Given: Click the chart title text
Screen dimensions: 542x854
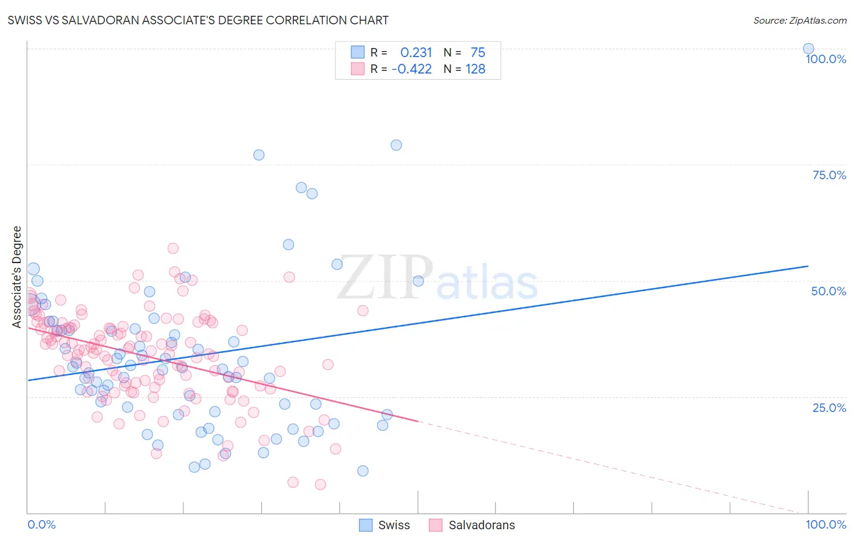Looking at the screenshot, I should click(x=198, y=20).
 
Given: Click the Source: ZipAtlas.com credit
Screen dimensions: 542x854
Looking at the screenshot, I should click(x=799, y=20).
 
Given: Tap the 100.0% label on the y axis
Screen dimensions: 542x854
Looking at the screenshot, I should click(x=825, y=59).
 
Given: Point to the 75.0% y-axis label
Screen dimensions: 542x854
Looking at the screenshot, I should click(x=829, y=175).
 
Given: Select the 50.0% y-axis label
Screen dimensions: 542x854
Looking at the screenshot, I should click(x=828, y=291).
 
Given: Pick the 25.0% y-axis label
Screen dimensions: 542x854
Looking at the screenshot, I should click(x=829, y=408).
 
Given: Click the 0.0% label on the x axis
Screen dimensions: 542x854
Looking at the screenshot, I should click(x=41, y=524).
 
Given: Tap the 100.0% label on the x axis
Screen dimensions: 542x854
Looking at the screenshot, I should click(x=825, y=524).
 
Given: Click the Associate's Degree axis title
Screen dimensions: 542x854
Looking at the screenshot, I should click(x=17, y=277).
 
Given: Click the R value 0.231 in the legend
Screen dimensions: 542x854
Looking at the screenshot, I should click(x=416, y=53).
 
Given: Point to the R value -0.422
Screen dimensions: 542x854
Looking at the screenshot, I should click(x=412, y=69).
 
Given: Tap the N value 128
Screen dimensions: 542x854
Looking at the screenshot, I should click(x=475, y=69).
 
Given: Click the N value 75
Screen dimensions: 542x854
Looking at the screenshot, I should click(x=477, y=53).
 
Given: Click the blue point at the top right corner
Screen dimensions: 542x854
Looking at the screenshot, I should click(x=808, y=49).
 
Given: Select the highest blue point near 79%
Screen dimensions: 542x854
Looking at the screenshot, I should click(x=396, y=145).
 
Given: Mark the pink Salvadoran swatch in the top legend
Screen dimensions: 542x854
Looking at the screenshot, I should click(x=358, y=69).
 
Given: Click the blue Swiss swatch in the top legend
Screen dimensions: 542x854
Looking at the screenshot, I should click(x=358, y=52).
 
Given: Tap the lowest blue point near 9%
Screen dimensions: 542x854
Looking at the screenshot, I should click(x=363, y=471).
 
